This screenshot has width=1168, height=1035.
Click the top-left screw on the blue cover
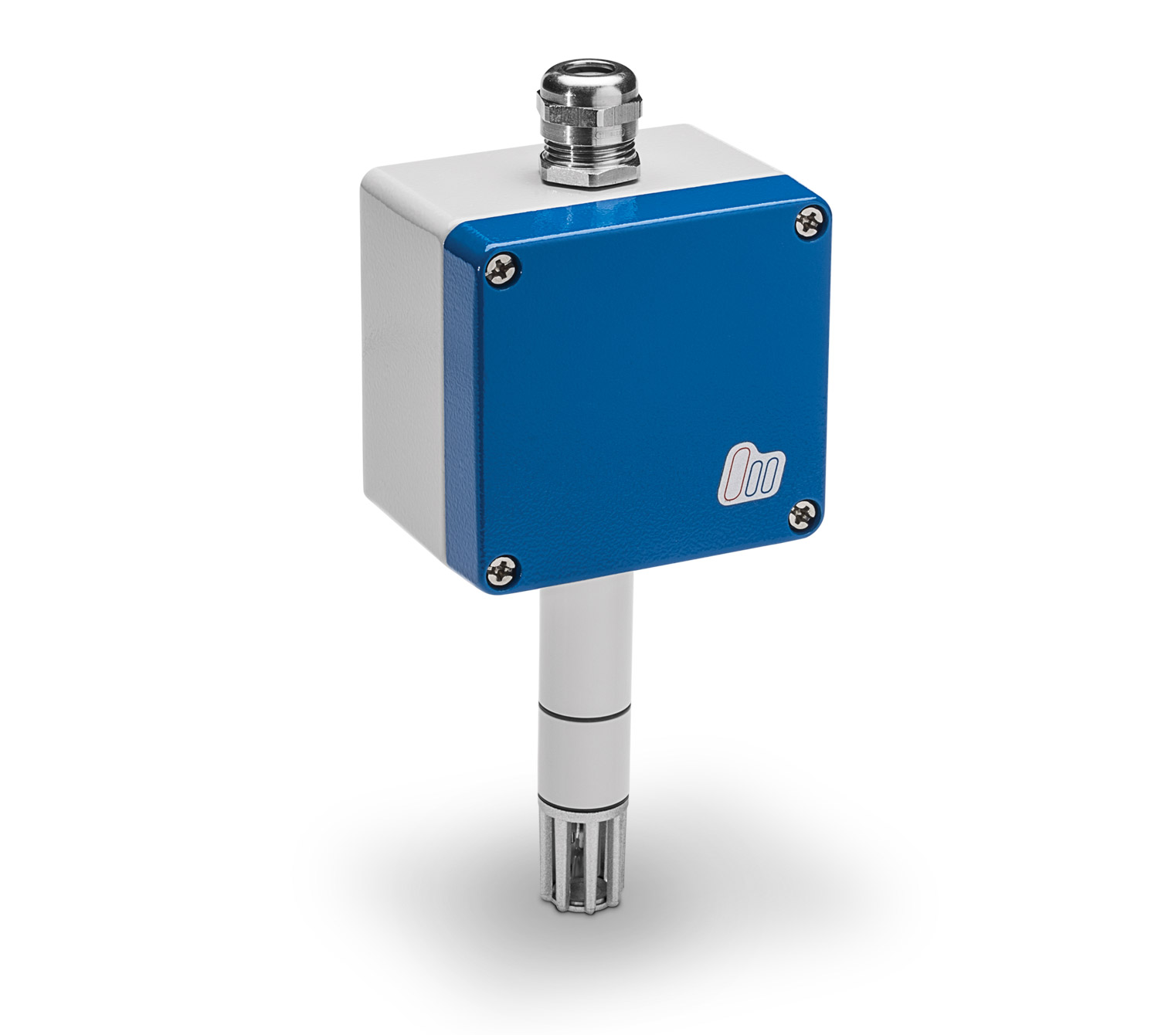pos(504,270)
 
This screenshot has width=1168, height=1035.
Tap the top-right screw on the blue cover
pos(811,222)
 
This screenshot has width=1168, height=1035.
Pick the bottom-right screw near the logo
pos(804,515)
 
